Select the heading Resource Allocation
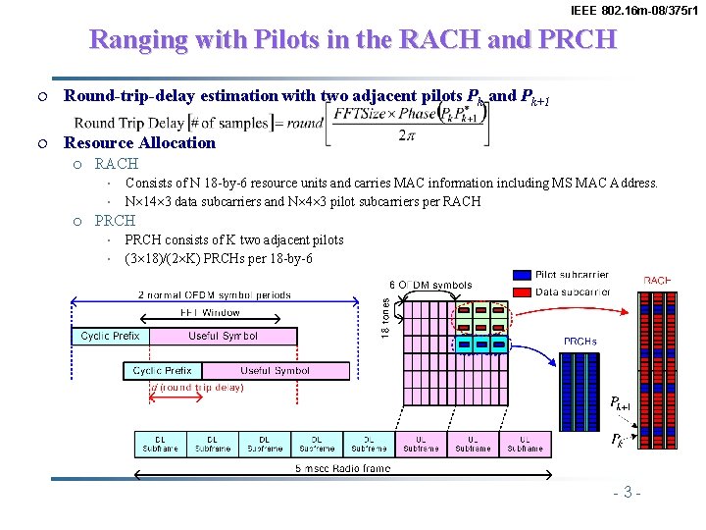coord(139,142)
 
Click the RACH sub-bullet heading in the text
coord(116,164)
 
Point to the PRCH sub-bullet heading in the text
coord(115,221)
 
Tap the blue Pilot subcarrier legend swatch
coord(522,275)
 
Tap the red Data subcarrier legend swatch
coord(522,291)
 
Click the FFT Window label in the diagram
coord(210,313)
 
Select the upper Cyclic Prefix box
coord(110,336)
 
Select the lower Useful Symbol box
coord(275,371)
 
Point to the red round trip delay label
coord(196,387)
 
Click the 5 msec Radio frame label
coord(343,468)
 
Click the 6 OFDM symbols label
coord(430,286)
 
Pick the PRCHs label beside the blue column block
coord(580,342)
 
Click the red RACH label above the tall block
coord(656,281)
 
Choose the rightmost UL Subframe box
coord(525,444)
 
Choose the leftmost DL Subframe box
coord(161,444)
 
